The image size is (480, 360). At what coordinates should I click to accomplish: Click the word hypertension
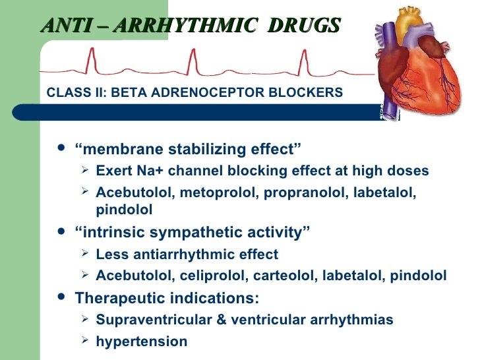tap(142, 342)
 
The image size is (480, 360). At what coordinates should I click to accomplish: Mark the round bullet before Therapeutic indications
tap(61, 297)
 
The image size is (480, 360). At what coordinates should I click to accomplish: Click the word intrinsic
tap(109, 233)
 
